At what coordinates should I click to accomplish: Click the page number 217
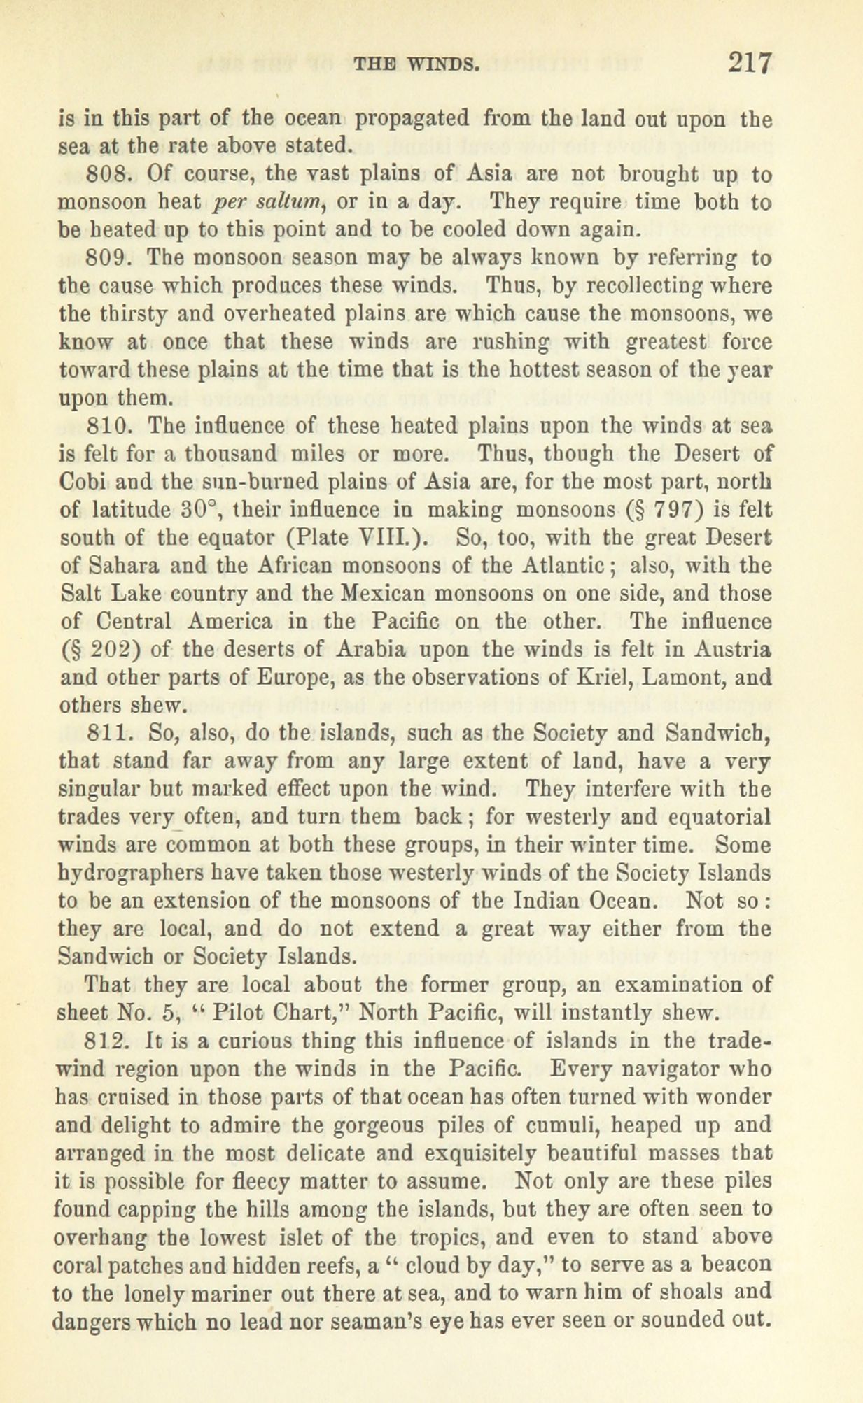coord(750,64)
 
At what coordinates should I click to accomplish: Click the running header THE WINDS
coord(417,65)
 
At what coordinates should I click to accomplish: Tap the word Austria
coord(734,650)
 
